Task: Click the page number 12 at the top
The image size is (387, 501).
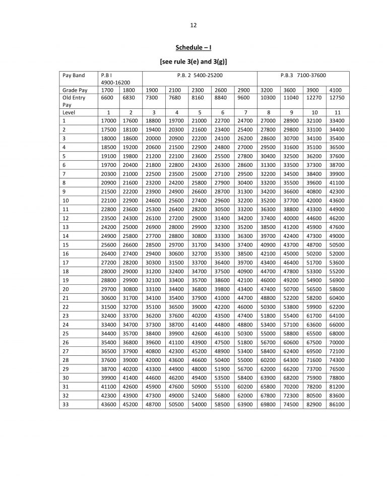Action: (x=193, y=25)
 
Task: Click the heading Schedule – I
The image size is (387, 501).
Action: (x=193, y=48)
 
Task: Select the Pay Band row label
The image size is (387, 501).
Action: (x=74, y=75)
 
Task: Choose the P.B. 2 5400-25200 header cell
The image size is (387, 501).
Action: (x=200, y=75)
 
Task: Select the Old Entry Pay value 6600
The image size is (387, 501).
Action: (x=108, y=97)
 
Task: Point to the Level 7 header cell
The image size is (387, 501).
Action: (x=245, y=113)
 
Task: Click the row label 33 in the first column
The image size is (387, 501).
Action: (x=66, y=404)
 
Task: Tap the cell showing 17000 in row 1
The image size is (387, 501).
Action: (x=108, y=121)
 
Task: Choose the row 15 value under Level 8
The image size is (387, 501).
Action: (x=268, y=244)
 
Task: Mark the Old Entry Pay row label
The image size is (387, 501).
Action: (x=74, y=101)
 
